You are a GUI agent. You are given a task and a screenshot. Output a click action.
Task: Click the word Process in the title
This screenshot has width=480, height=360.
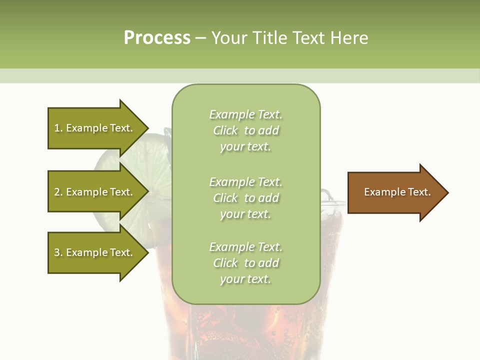coord(157,38)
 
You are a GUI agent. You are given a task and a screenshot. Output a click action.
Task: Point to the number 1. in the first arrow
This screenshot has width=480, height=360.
coord(58,128)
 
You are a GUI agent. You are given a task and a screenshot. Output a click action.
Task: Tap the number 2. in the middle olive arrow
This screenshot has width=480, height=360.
coord(58,192)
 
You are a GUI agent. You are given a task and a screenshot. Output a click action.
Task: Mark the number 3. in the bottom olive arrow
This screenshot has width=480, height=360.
coord(58,252)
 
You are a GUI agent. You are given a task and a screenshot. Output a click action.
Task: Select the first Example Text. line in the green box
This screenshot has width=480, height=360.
coord(245,114)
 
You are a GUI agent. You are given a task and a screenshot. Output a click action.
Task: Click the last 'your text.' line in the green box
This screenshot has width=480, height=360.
coord(245,279)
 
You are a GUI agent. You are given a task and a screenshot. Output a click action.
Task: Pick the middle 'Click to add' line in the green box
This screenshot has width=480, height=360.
coord(245,198)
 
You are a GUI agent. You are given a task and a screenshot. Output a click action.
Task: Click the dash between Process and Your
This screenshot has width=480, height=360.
coord(201,38)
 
